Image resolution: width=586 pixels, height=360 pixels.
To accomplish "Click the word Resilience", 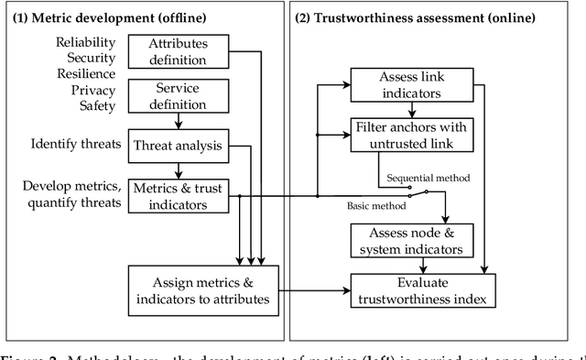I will [x=89, y=74].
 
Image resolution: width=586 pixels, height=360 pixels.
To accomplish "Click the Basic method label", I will [x=376, y=205].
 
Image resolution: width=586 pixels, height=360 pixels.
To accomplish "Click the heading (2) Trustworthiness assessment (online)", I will [x=413, y=18].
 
